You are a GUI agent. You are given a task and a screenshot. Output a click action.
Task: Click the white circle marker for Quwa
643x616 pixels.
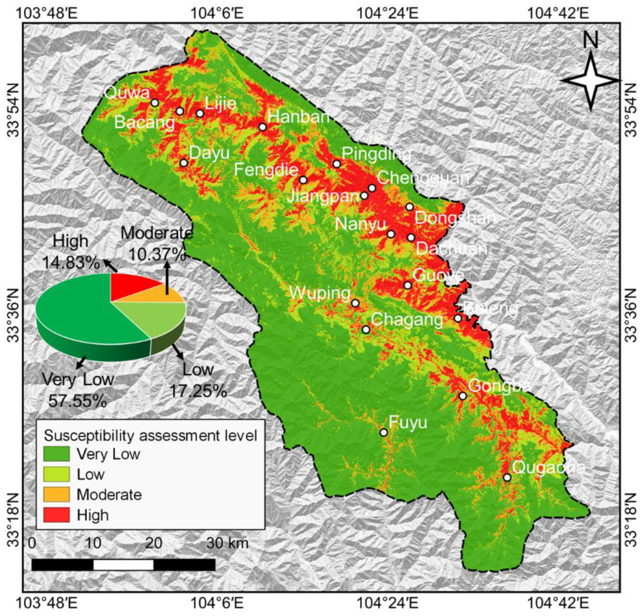(x=155, y=103)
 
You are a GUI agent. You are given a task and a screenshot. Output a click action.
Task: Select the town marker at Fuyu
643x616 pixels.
(x=384, y=432)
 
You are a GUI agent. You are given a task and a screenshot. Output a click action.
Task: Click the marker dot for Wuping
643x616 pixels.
(x=355, y=303)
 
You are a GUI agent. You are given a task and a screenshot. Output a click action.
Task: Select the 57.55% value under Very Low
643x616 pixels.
(x=78, y=401)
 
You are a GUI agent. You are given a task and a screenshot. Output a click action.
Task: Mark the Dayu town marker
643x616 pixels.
(x=184, y=163)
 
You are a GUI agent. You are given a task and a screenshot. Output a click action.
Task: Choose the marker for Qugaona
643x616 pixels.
(x=507, y=477)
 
